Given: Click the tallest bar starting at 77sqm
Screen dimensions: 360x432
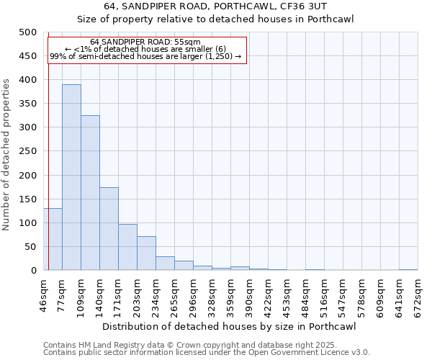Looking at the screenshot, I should click(x=71, y=177).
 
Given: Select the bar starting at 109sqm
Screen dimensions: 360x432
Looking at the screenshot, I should click(x=90, y=193).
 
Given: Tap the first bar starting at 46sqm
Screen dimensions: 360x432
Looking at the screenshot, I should click(x=53, y=239).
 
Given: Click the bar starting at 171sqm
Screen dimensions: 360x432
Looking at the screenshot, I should click(x=127, y=247).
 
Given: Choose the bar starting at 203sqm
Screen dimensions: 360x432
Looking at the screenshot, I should click(x=146, y=253).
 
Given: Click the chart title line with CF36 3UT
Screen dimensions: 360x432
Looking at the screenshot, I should click(x=216, y=6).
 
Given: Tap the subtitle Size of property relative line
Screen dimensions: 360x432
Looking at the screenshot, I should click(x=216, y=19).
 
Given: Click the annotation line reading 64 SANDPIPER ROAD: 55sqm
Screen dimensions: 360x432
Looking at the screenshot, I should click(x=145, y=42).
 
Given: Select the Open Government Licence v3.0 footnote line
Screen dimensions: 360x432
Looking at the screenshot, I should click(x=206, y=353).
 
